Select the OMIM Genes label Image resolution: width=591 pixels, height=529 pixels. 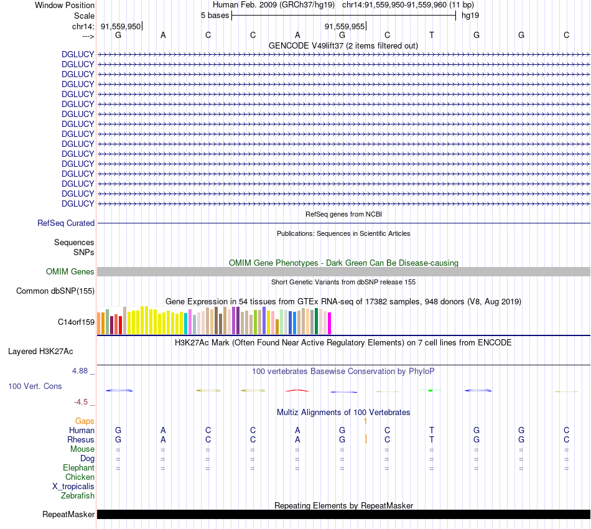70,271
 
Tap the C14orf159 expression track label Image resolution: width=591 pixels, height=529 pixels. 76,322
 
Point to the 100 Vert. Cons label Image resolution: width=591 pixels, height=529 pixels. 35,386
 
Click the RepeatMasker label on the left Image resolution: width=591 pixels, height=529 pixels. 68,515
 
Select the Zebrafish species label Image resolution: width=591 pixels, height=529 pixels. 78,496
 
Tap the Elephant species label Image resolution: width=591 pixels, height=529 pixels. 78,467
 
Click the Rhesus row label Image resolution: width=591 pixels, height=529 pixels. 81,439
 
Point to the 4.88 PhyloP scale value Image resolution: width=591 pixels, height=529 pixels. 82,371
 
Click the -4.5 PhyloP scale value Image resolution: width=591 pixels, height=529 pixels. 81,402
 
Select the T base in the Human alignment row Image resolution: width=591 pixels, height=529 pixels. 432,430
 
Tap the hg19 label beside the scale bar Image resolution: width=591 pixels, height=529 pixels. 470,15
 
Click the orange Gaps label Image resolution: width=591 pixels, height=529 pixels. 85,421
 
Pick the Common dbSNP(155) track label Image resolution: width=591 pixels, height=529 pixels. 55,291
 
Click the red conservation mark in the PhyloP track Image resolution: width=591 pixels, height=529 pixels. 297,390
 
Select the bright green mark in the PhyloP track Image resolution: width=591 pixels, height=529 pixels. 430,390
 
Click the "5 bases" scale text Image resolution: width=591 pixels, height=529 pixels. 215,15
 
